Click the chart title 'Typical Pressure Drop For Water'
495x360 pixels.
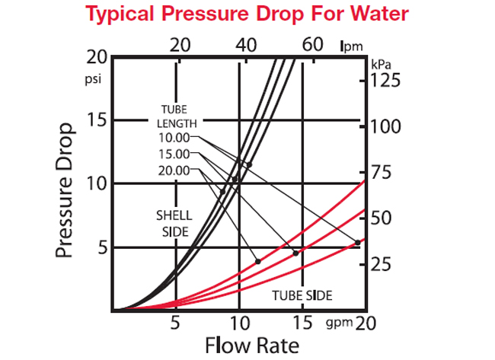pyautogui.click(x=247, y=14)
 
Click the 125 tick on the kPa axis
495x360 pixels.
pyautogui.click(x=385, y=79)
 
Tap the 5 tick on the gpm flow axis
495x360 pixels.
pyautogui.click(x=175, y=323)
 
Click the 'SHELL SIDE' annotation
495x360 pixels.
pyautogui.click(x=174, y=222)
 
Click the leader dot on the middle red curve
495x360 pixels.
pyautogui.click(x=296, y=253)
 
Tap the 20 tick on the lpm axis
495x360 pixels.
pyautogui.click(x=180, y=43)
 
